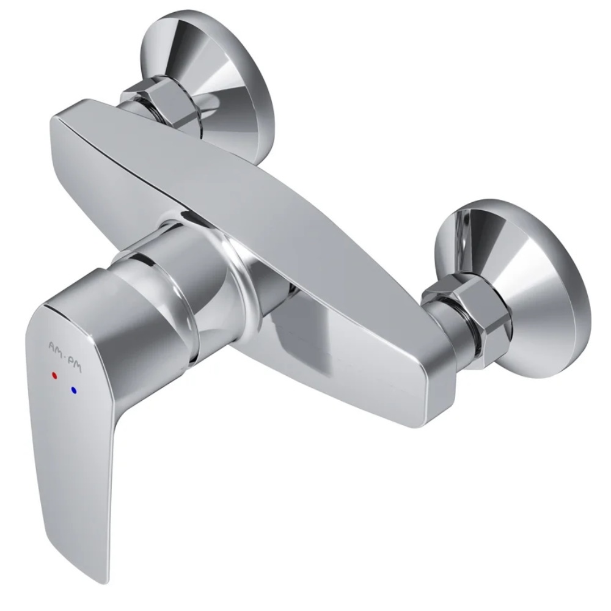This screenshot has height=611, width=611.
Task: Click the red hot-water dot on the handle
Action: pyautogui.click(x=54, y=376)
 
